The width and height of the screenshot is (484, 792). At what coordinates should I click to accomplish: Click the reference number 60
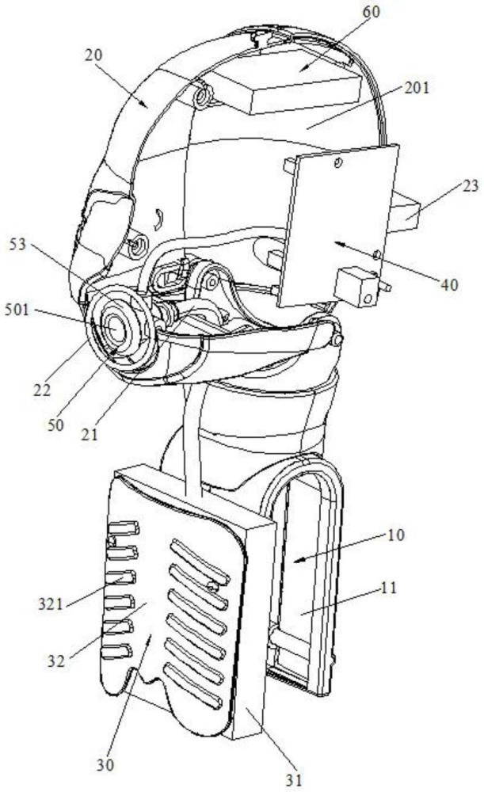[x=371, y=12]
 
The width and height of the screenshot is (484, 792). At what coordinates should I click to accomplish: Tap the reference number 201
[x=417, y=87]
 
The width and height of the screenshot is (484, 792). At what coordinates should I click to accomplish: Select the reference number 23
[x=470, y=186]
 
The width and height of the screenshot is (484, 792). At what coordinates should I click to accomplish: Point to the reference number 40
[x=449, y=284]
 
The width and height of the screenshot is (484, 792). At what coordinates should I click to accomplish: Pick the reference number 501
[x=17, y=309]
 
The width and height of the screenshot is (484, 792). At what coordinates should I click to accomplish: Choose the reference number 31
[x=294, y=780]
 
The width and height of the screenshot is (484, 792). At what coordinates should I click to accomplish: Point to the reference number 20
[x=93, y=55]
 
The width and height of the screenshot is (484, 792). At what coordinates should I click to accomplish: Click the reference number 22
[x=42, y=390]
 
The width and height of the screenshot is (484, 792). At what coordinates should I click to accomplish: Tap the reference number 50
[x=56, y=425]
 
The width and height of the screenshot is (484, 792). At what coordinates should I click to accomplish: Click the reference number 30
[x=105, y=765]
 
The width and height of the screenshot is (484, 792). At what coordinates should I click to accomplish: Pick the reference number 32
[x=56, y=661]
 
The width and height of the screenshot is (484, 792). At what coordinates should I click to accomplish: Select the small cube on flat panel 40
[x=356, y=287]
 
